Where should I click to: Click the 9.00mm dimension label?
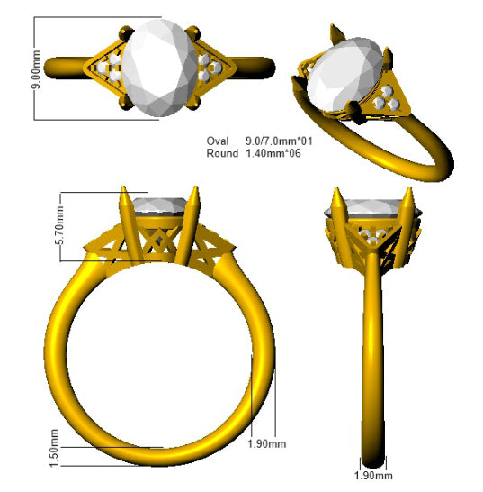pyautogui.click(x=36, y=69)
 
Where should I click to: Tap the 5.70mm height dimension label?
pyautogui.click(x=59, y=225)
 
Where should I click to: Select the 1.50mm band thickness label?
pyautogui.click(x=54, y=448)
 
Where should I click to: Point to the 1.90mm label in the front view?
pyautogui.click(x=266, y=444)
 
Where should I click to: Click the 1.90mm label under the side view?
pyautogui.click(x=373, y=476)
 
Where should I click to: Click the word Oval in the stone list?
pyautogui.click(x=218, y=141)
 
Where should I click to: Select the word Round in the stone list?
pyautogui.click(x=222, y=153)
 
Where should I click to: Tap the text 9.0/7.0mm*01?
pyautogui.click(x=279, y=141)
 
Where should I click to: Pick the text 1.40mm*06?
pyautogui.click(x=273, y=153)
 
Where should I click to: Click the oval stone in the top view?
pyautogui.click(x=160, y=68)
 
